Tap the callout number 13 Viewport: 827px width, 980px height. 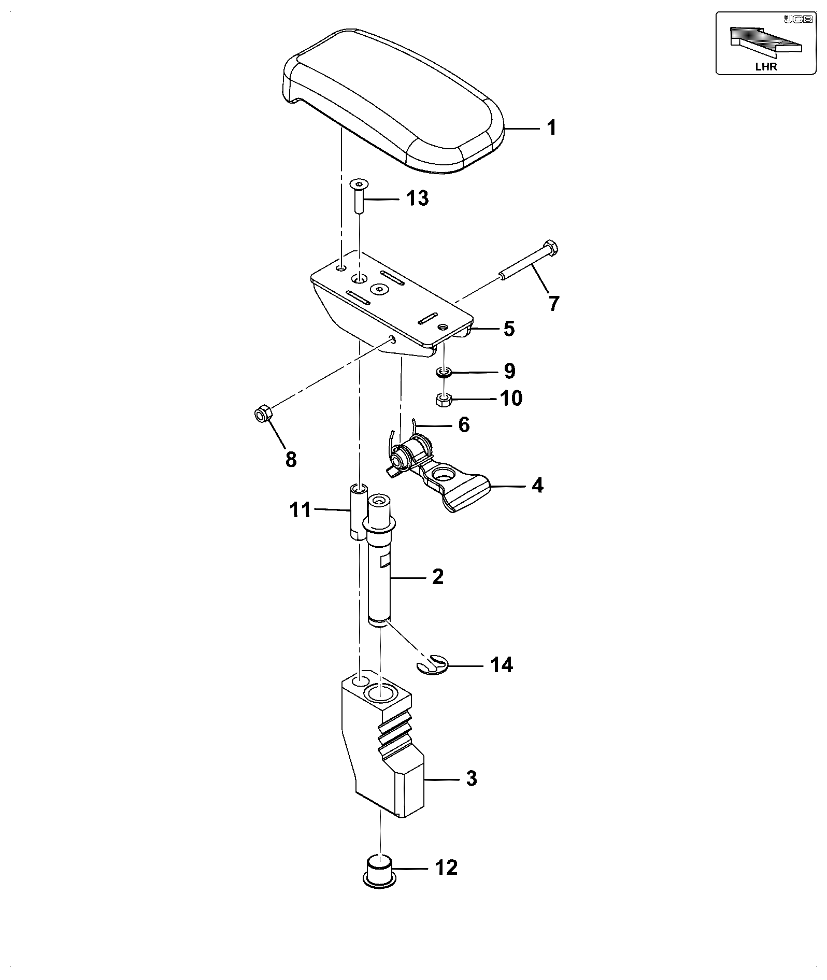[x=418, y=198]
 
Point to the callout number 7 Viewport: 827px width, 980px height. [x=554, y=303]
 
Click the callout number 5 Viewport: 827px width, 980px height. [x=509, y=329]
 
